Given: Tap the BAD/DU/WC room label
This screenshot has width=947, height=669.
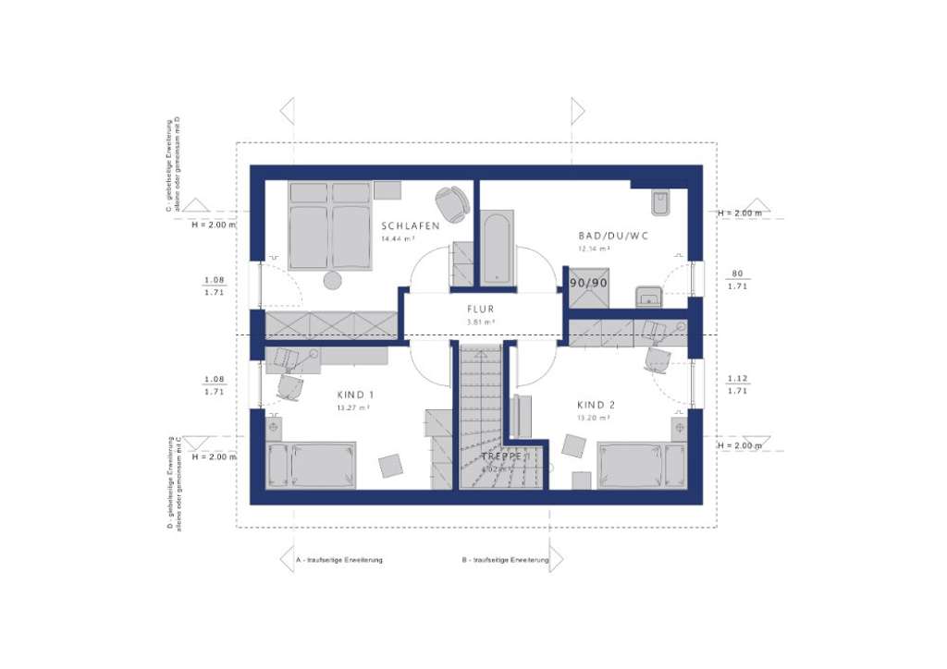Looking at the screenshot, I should [613, 236].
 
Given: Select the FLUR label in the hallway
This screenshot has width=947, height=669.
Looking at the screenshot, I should [480, 310].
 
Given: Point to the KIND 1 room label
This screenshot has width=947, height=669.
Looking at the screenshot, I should [355, 394].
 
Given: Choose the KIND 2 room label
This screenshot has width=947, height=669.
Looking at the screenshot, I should [596, 405].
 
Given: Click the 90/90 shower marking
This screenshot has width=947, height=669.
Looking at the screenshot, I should [588, 283].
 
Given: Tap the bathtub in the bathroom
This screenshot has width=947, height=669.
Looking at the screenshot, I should [497, 248].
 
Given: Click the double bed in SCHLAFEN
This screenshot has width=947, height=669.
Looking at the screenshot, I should [329, 225].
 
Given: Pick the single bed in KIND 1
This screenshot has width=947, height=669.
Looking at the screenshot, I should [311, 466].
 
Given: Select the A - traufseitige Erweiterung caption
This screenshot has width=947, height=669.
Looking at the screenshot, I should [338, 560].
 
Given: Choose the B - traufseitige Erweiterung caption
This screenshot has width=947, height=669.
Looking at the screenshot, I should [505, 560].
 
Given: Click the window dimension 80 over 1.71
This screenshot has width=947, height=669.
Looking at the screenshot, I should [737, 280].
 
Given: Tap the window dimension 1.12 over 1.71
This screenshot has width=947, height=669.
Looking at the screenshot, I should [737, 385].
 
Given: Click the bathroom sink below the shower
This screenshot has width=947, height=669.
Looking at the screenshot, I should [649, 296].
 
